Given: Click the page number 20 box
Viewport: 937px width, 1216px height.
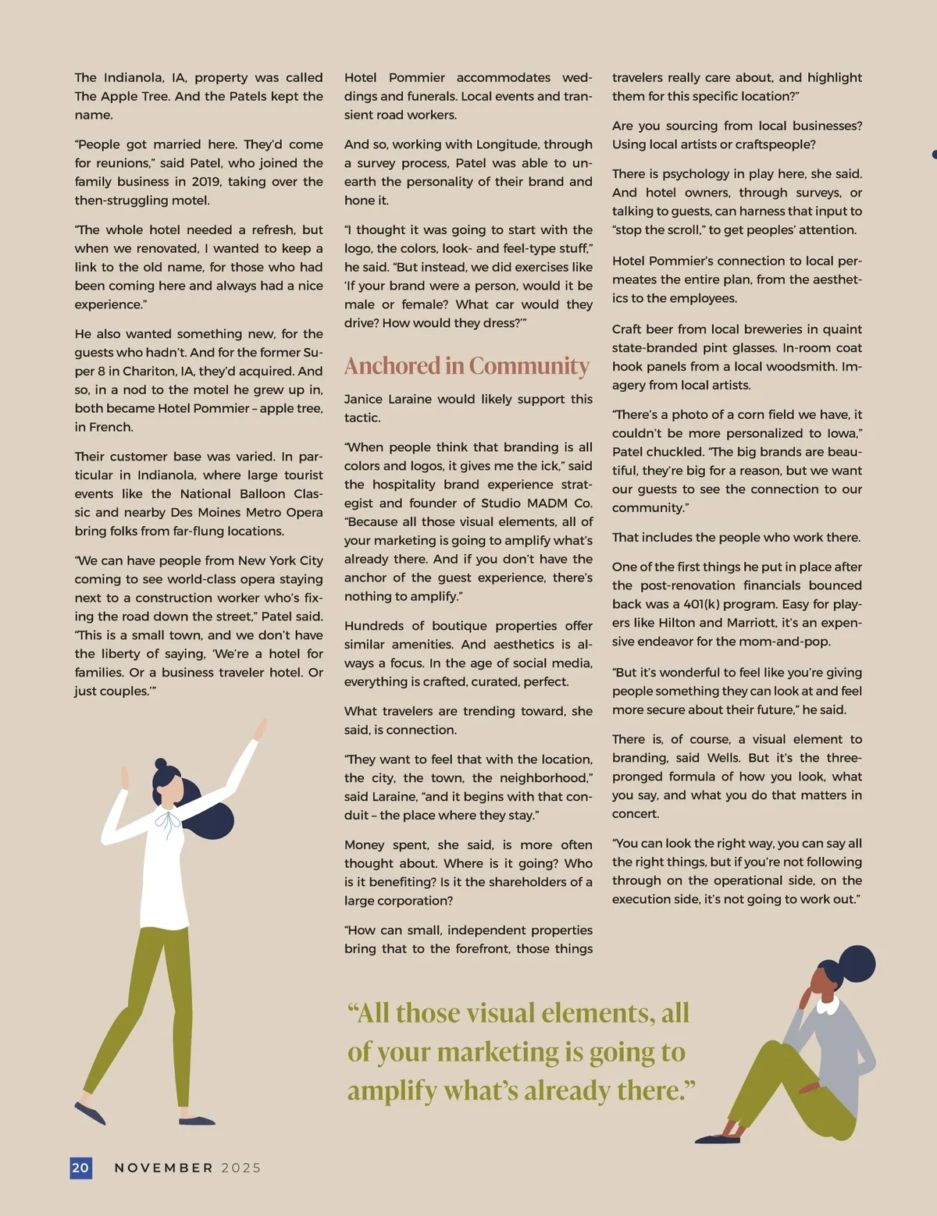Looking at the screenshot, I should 80,1168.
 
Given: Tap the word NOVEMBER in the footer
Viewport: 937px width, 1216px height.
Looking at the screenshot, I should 164,1168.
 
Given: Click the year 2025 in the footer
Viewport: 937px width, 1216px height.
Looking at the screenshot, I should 241,1168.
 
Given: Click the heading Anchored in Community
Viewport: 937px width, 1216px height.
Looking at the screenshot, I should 467,366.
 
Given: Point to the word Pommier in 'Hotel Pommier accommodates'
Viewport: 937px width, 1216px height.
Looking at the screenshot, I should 417,78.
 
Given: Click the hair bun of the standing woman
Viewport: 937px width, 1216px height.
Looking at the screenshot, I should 161,764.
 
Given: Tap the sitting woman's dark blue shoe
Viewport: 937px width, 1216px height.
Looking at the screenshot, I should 717,1140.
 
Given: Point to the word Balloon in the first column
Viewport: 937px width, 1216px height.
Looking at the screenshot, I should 257,494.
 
